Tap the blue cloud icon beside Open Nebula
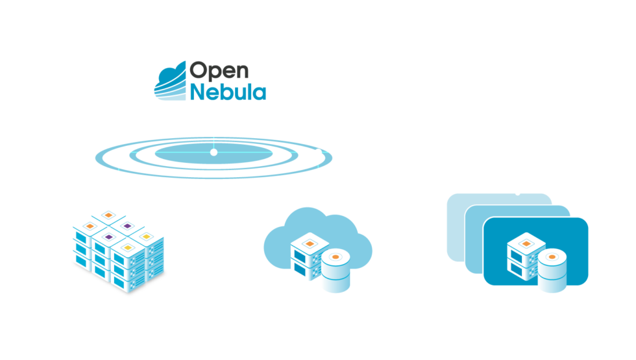click(170, 81)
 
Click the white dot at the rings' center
click(214, 152)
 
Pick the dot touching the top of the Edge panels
click(517, 193)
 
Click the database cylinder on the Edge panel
click(552, 269)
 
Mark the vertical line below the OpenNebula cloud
click(214, 133)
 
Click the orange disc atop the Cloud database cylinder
click(336, 257)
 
